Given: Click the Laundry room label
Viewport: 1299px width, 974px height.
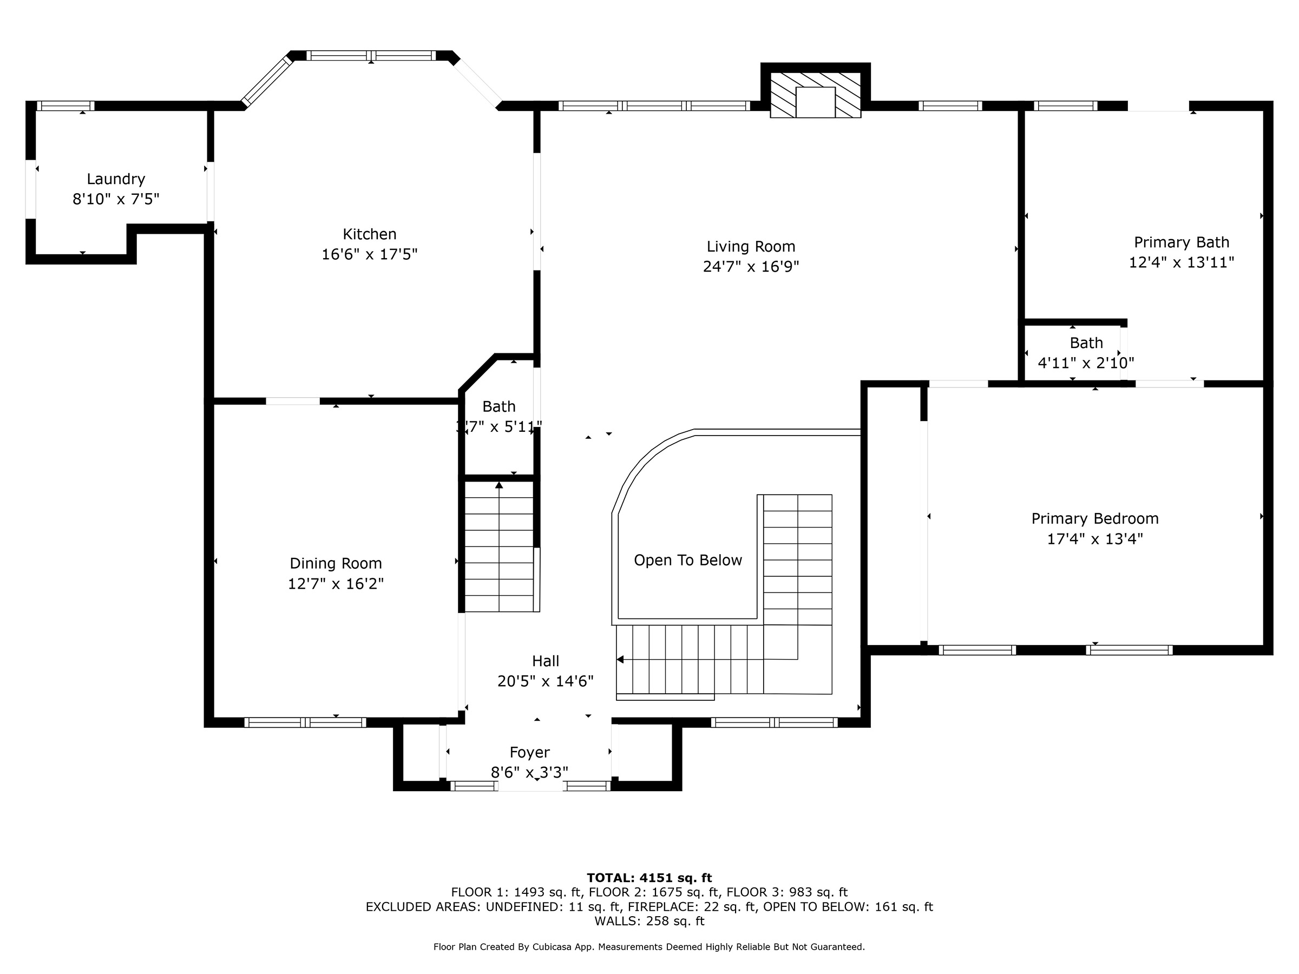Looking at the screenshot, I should click(116, 179).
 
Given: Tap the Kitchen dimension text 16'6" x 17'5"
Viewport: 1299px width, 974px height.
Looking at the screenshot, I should click(369, 254).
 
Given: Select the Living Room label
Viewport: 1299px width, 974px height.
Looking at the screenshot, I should click(751, 247).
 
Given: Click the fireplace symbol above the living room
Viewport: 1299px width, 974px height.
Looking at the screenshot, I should click(815, 95).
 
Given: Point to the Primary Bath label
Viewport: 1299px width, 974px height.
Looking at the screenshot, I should click(1181, 242).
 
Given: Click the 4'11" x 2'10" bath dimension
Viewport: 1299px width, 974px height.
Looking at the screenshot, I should click(1085, 363).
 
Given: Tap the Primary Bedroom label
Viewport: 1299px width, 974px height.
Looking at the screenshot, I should click(1094, 518).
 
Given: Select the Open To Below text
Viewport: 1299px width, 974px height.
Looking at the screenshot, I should click(688, 560).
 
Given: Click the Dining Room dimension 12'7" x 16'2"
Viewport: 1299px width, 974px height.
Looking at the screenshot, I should click(336, 583).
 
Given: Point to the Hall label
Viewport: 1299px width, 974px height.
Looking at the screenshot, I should click(545, 661).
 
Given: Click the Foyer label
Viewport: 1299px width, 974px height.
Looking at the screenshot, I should click(529, 752).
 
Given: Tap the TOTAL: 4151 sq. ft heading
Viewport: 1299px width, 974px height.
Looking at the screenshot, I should click(649, 878).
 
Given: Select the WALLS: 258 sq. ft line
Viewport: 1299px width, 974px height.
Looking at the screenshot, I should click(649, 920).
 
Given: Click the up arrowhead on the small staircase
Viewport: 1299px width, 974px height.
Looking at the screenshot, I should click(499, 485).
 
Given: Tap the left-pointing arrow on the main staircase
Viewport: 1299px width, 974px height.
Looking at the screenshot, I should click(620, 659).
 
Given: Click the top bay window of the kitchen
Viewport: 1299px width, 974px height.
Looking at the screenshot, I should click(371, 56).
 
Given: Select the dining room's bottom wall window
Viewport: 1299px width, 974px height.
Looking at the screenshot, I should click(305, 722).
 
